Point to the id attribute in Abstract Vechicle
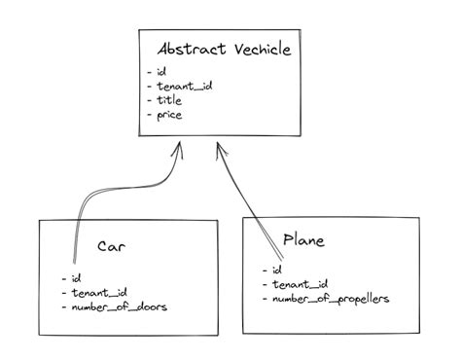click(161, 72)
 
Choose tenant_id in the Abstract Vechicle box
click(184, 86)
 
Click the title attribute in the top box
click(170, 100)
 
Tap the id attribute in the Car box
click(76, 277)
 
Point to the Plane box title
click(303, 239)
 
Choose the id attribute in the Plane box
click(277, 270)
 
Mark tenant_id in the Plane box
click(300, 284)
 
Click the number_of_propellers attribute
click(332, 299)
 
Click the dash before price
click(148, 116)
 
